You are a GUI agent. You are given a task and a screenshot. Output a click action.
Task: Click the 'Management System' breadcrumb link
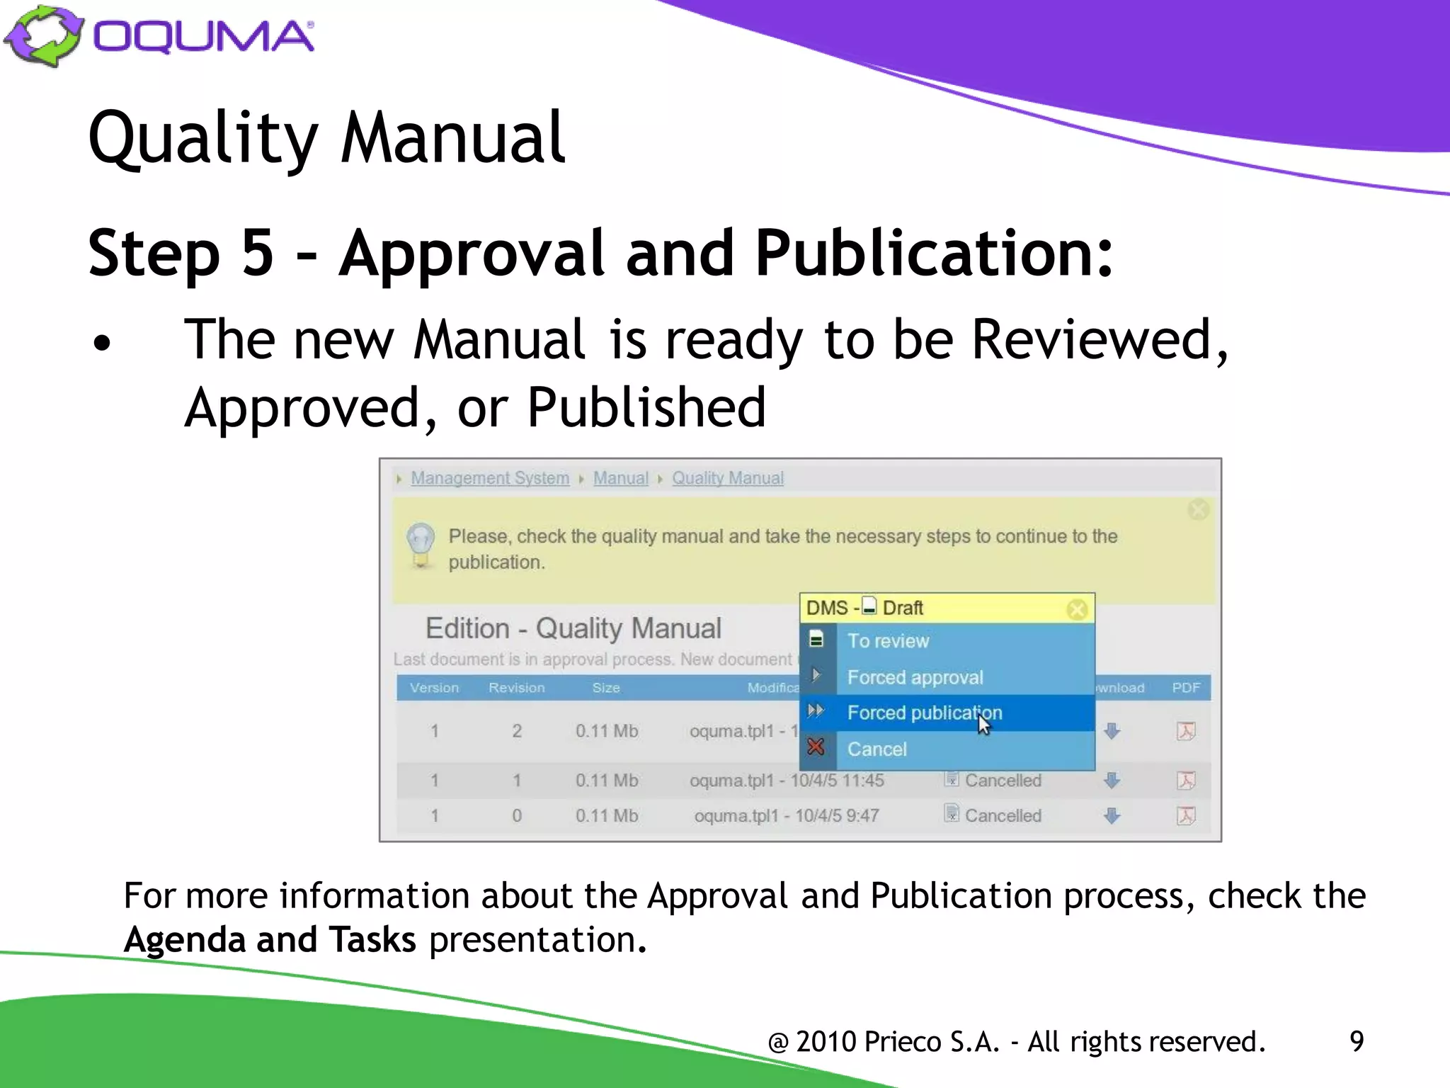pos(490,478)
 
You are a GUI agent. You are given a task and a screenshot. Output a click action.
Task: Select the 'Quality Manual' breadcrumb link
pos(728,478)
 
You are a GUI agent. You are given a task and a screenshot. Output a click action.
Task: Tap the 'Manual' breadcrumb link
pos(620,478)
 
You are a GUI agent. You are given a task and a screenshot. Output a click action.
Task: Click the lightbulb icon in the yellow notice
pos(421,544)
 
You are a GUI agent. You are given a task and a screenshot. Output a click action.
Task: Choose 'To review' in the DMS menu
pos(888,641)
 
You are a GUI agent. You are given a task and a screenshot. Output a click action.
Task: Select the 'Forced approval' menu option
pos(915,677)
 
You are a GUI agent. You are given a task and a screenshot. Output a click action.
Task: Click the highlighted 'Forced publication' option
pos(924,713)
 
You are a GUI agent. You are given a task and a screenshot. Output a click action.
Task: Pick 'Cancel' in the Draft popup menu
pos(877,749)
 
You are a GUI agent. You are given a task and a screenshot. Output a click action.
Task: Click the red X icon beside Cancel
pos(816,747)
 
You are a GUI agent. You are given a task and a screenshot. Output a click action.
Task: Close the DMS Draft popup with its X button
pos(1077,609)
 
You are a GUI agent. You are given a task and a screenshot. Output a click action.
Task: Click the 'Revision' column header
pos(516,688)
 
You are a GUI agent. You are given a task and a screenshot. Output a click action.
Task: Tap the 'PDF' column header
pos(1186,688)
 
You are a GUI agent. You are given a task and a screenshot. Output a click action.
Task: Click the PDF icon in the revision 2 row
pos(1186,731)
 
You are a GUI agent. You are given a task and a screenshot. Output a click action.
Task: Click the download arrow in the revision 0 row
pos(1112,816)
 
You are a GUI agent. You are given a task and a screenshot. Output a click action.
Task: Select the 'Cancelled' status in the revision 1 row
pos(1003,781)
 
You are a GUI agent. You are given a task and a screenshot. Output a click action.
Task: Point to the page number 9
pos(1356,1041)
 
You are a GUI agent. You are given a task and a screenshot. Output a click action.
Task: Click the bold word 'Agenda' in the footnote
pos(184,940)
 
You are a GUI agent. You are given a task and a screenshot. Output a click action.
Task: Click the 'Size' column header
pos(606,688)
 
